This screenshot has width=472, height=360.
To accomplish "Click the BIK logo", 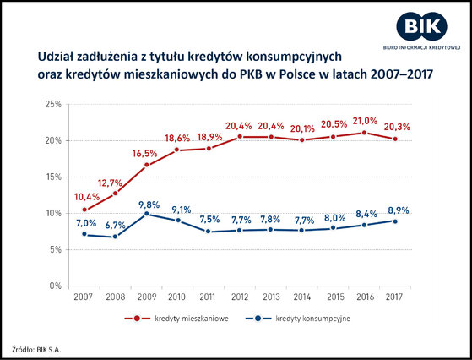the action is click(x=421, y=30).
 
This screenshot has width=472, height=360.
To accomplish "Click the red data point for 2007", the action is click(x=84, y=210).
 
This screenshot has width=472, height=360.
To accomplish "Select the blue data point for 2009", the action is click(x=147, y=214).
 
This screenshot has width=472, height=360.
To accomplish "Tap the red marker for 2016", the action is click(x=364, y=133).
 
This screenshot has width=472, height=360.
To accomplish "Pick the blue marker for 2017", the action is click(x=395, y=221).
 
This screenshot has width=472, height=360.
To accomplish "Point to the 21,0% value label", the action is click(x=365, y=121).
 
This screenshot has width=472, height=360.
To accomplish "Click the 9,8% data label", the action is click(x=149, y=205).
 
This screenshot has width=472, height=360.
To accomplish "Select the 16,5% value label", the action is click(x=144, y=154).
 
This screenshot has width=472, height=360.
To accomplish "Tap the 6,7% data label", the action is click(x=116, y=225).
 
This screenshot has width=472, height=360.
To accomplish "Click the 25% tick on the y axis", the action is click(x=53, y=104).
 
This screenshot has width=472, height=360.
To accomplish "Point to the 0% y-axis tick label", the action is click(x=56, y=286).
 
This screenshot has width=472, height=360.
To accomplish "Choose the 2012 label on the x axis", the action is click(x=240, y=297).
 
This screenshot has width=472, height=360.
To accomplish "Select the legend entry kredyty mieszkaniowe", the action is click(x=176, y=319).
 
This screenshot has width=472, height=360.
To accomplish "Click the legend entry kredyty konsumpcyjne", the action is click(x=298, y=319).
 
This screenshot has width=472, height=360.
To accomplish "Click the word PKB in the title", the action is click(x=251, y=74).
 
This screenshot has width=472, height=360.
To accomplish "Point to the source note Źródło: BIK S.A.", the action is click(x=36, y=350).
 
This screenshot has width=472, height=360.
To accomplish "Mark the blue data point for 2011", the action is click(x=208, y=232).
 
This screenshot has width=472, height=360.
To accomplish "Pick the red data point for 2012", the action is click(x=240, y=136).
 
